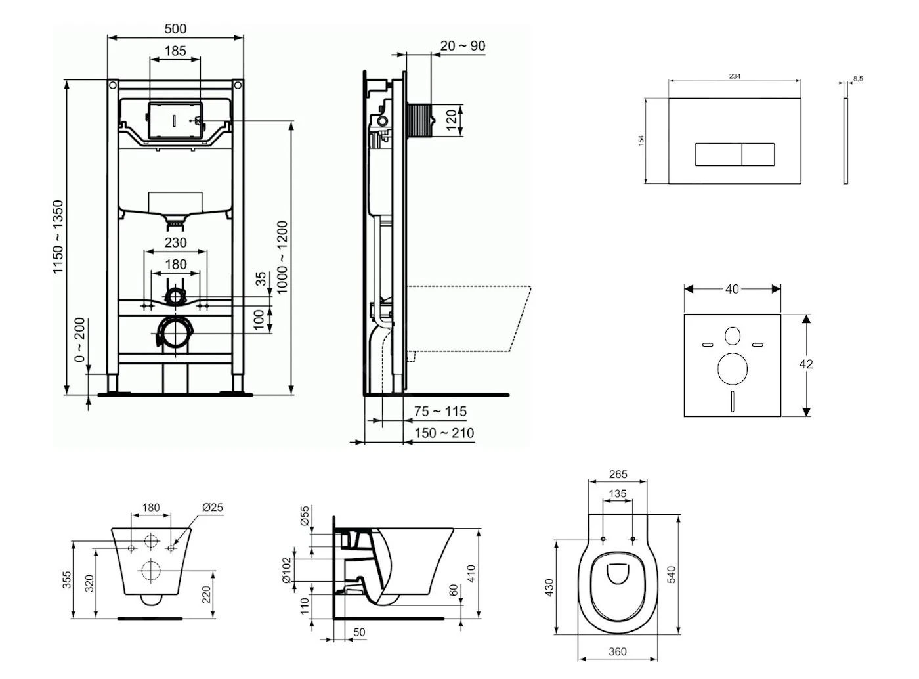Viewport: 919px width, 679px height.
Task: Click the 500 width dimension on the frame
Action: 175,28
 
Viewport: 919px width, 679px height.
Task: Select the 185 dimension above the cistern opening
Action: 175,50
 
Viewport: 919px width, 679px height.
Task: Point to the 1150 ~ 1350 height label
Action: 59,237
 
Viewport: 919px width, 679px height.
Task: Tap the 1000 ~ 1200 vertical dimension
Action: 282,257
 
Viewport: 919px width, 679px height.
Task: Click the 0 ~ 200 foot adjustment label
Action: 79,340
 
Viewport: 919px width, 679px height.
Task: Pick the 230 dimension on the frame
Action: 175,242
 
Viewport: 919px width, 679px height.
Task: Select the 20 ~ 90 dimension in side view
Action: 463,45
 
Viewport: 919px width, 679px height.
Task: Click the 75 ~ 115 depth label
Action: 440,411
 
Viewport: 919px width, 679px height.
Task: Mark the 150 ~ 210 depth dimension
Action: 444,433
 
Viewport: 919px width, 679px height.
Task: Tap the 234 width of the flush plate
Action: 735,76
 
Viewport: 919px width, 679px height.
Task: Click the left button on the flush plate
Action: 718,154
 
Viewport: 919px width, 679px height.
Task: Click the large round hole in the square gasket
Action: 733,368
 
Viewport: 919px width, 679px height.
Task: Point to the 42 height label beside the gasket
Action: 806,364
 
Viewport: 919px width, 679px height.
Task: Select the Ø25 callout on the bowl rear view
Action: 213,507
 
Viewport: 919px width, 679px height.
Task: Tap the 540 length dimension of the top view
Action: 671,574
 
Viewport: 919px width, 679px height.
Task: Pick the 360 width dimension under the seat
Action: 617,651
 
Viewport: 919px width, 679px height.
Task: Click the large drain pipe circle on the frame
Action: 175,333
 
